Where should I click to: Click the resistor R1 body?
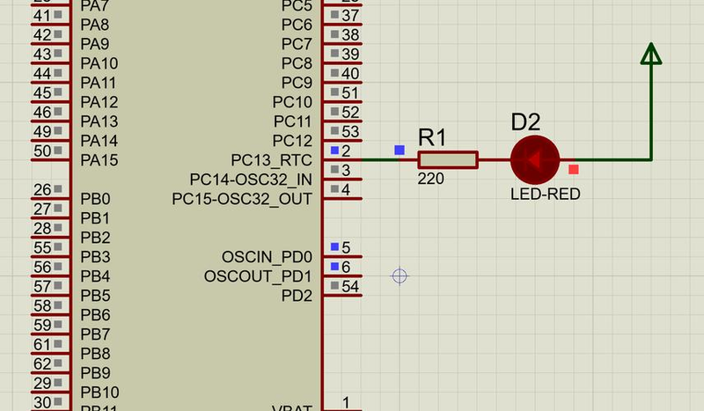point(447,159)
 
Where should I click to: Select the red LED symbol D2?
point(534,159)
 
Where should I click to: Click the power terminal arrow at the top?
point(651,55)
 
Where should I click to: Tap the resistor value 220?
point(431,179)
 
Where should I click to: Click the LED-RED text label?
point(546,194)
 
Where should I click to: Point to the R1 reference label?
point(432,137)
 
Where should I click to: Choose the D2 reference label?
point(525,122)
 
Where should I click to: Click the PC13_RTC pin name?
point(272,160)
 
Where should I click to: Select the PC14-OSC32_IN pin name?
point(251,180)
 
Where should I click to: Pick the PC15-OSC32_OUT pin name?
point(242,199)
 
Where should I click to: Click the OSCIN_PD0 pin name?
point(268,257)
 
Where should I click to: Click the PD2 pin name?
point(297,296)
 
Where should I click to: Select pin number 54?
point(350,286)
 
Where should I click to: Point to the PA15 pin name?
point(99,160)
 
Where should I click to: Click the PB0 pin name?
point(95,199)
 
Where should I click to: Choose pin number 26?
point(41,189)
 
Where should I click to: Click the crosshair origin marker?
point(400,276)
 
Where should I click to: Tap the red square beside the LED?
point(574,169)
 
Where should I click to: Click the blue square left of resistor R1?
point(400,150)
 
